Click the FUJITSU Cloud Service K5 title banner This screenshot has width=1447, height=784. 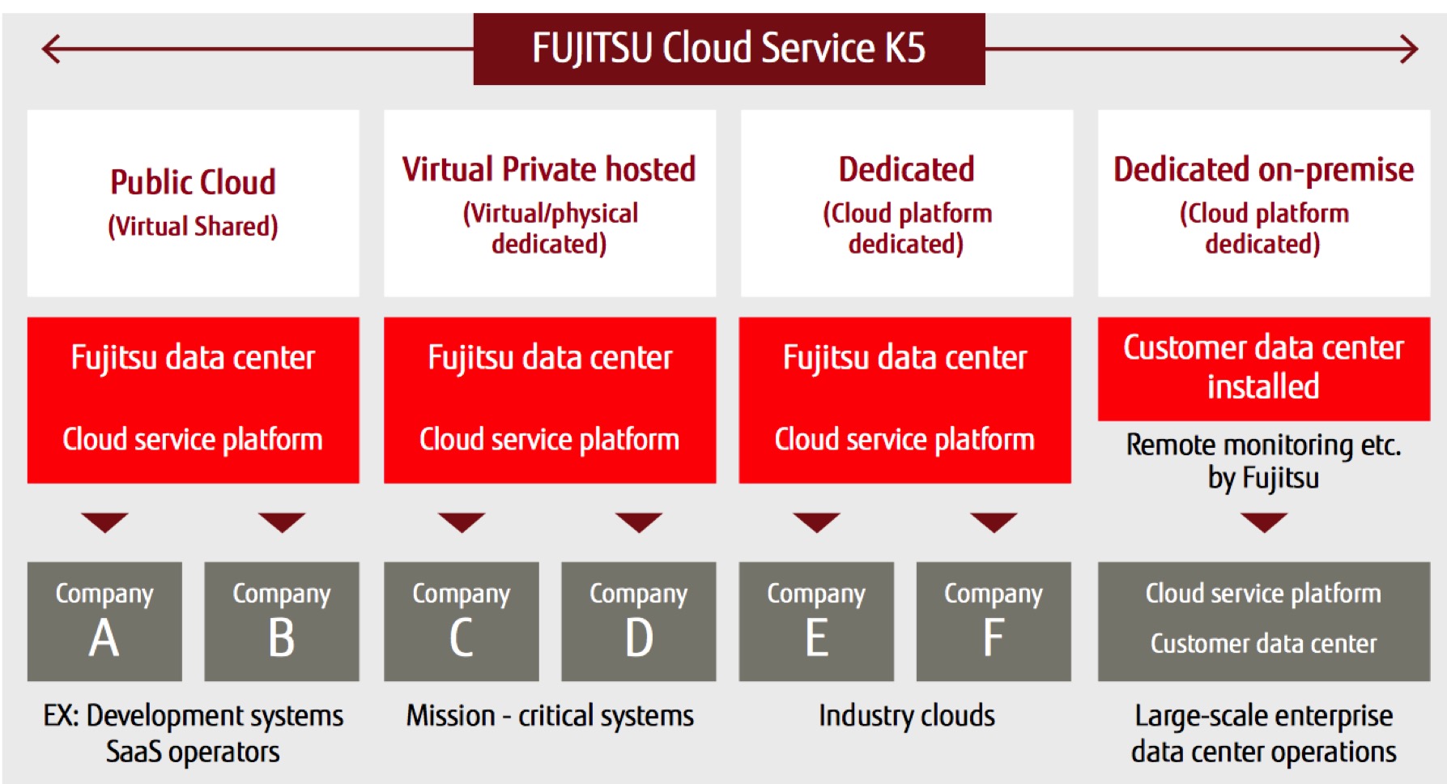[x=729, y=49]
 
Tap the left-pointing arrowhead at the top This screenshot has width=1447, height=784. [x=50, y=49]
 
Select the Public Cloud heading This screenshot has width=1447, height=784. [x=193, y=182]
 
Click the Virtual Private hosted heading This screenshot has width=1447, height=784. [x=549, y=169]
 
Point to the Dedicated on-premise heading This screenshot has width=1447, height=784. [x=1263, y=169]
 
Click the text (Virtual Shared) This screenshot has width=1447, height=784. [x=193, y=226]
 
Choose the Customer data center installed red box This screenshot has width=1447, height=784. [x=1263, y=368]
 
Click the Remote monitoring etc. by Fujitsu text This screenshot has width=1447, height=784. [x=1263, y=461]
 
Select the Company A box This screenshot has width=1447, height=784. [x=104, y=621]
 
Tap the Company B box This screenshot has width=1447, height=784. [x=281, y=621]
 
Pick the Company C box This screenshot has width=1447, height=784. [x=461, y=621]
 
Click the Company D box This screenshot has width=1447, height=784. [x=638, y=621]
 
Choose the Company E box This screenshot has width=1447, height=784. [x=816, y=621]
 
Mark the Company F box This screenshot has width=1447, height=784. [x=994, y=621]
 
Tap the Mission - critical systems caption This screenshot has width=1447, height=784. [x=550, y=716]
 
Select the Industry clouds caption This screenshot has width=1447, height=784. [x=906, y=716]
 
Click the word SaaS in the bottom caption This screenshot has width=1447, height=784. [x=134, y=752]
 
